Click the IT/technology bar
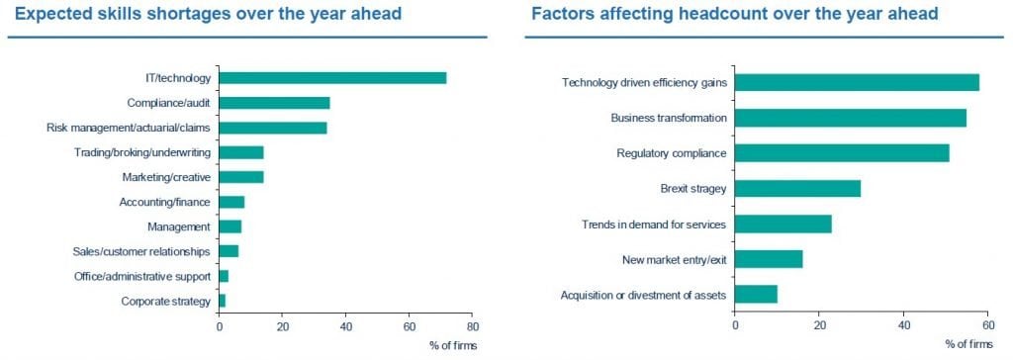coord(332,78)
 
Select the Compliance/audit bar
coord(275,103)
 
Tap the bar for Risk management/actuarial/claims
coord(273,128)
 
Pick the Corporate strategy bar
coord(223,302)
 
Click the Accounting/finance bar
coord(231,203)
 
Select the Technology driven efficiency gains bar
coord(858,83)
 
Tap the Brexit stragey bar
coord(798,188)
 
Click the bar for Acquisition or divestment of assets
coord(756,294)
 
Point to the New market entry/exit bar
coord(769,259)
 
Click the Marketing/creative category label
coord(166,177)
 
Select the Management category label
coord(179,226)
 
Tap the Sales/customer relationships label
coord(141,251)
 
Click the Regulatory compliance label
coord(672,154)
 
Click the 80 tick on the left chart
coord(472,326)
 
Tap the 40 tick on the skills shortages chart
coord(345,326)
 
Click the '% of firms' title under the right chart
coord(969,344)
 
